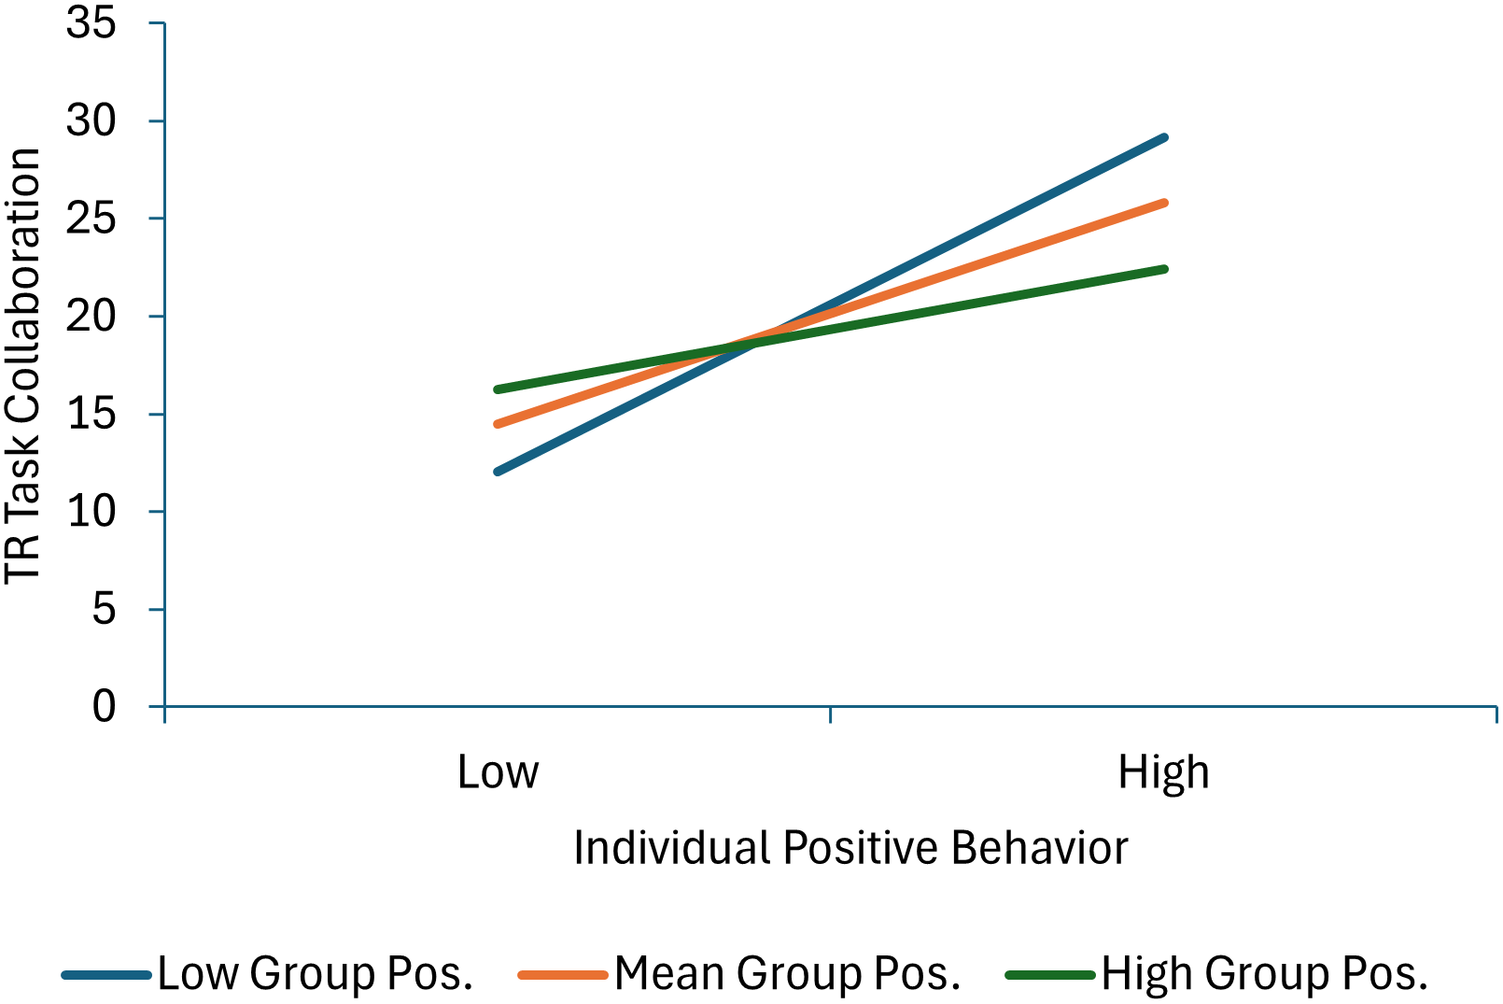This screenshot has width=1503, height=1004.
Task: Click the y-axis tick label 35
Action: [91, 22]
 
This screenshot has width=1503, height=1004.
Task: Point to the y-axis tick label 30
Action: [91, 120]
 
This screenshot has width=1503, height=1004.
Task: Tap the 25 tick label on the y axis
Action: [91, 219]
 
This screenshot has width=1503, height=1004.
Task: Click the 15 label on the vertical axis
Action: [91, 414]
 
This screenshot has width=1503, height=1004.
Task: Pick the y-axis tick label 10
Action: [91, 511]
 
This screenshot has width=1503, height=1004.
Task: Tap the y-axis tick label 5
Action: [104, 609]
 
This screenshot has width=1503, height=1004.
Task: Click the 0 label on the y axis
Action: [104, 706]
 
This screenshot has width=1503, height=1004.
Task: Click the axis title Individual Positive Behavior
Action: [850, 848]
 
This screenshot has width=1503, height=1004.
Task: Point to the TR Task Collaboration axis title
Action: [22, 365]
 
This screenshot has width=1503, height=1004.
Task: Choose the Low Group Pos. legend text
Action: [316, 973]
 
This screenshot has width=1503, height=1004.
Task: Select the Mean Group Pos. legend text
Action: [787, 973]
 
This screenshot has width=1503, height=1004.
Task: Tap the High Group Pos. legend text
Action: [1264, 973]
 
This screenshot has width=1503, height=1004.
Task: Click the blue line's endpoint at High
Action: [1164, 137]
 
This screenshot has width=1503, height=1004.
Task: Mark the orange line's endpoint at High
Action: [1164, 202]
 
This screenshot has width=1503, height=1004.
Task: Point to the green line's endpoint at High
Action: [1164, 269]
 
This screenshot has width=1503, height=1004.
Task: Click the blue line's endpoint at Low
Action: [498, 472]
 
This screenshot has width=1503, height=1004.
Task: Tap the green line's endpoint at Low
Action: [498, 389]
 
